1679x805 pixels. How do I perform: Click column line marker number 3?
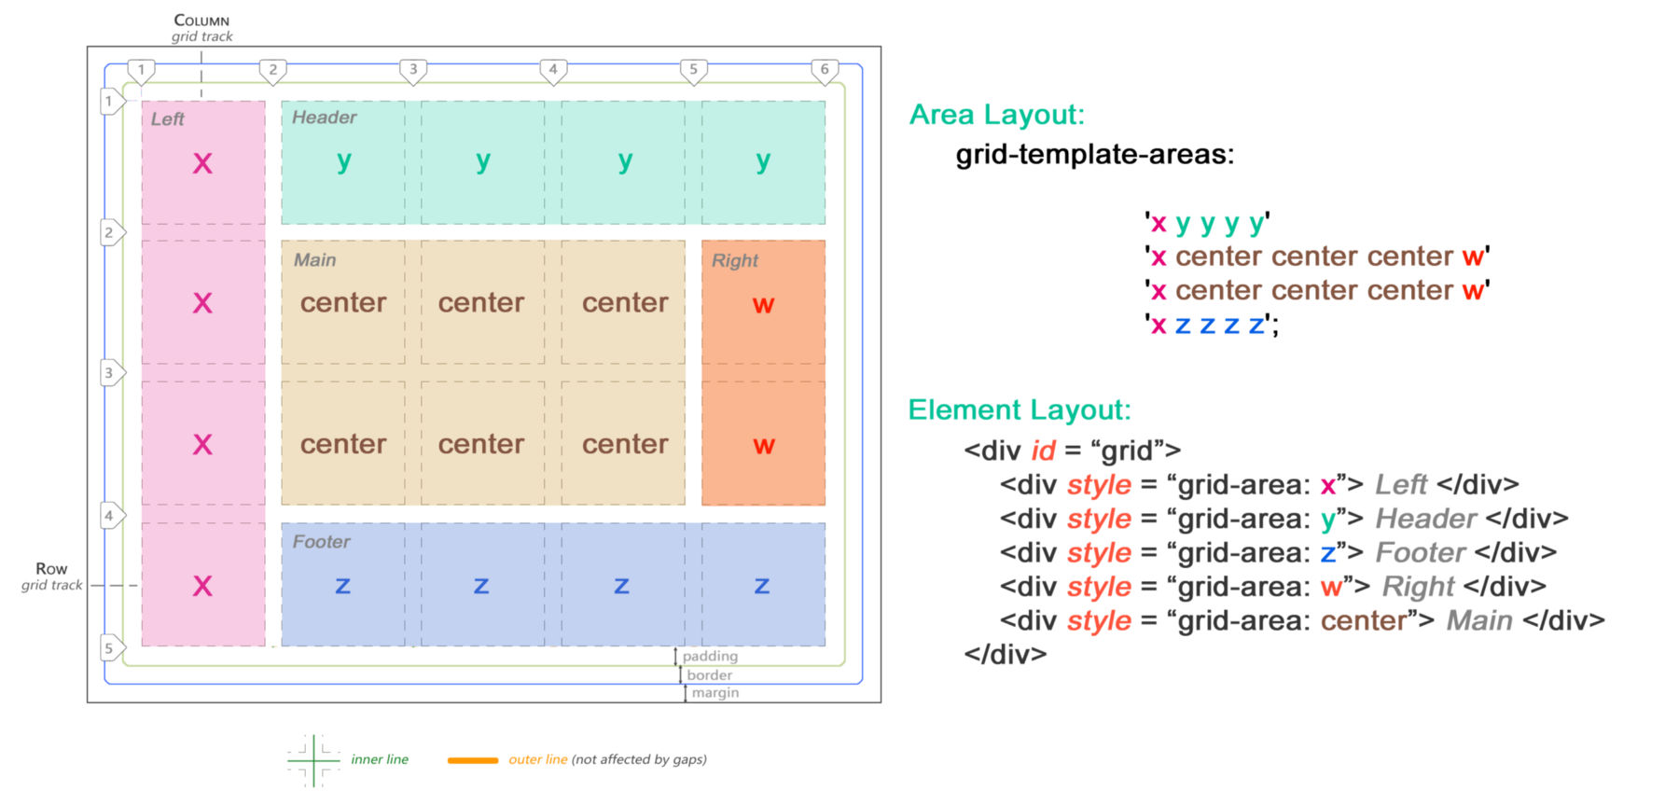pyautogui.click(x=413, y=70)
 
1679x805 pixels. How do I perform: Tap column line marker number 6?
pyautogui.click(x=825, y=70)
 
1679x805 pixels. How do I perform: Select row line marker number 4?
pyautogui.click(x=110, y=515)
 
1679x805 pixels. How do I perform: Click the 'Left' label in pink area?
pyautogui.click(x=168, y=119)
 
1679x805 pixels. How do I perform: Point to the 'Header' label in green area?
pyautogui.click(x=324, y=118)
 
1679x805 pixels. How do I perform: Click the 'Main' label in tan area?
pyautogui.click(x=314, y=260)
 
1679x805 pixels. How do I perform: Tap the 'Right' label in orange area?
pyautogui.click(x=735, y=261)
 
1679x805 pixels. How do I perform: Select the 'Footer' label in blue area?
pyautogui.click(x=321, y=542)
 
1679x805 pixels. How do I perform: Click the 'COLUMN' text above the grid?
pyautogui.click(x=201, y=21)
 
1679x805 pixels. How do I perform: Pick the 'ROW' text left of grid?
pyautogui.click(x=51, y=569)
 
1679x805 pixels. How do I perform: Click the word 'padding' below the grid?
pyautogui.click(x=710, y=657)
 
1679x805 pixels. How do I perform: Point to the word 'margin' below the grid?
pyautogui.click(x=715, y=693)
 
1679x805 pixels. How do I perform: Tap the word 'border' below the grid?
pyautogui.click(x=710, y=675)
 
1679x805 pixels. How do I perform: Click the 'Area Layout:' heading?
pyautogui.click(x=997, y=115)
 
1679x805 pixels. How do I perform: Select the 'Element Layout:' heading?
pyautogui.click(x=1020, y=410)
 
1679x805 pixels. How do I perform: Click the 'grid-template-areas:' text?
pyautogui.click(x=1094, y=154)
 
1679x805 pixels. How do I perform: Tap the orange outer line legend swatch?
pyautogui.click(x=473, y=760)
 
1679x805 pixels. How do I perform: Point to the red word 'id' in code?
pyautogui.click(x=1043, y=451)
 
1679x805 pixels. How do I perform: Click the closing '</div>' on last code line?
pyautogui.click(x=1006, y=654)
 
